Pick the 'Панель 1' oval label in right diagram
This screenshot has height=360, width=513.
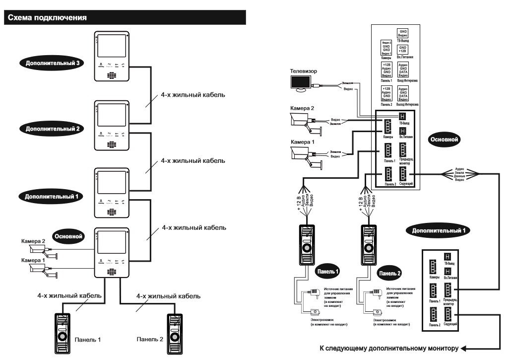tap(326, 273)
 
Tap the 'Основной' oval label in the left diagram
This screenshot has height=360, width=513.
tap(68, 235)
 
